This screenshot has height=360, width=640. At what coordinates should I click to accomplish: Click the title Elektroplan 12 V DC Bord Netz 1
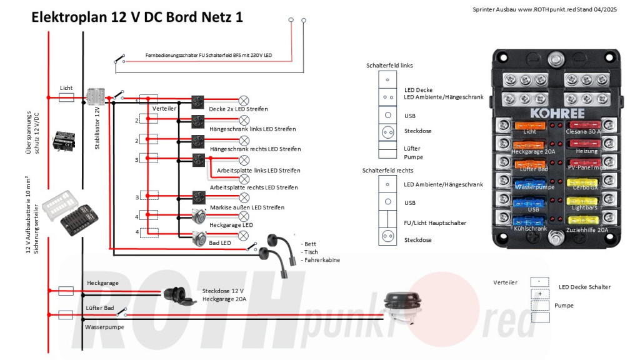point(137,17)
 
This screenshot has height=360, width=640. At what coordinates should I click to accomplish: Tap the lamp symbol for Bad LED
point(244,235)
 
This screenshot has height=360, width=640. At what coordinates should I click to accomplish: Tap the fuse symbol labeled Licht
point(66,97)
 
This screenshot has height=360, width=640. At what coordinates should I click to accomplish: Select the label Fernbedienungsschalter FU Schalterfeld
point(209,56)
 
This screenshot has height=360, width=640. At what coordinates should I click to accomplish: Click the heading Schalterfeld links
point(389,65)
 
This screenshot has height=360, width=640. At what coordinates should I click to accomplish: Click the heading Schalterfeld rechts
point(387,170)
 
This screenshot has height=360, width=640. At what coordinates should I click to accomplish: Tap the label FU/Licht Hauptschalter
point(436,222)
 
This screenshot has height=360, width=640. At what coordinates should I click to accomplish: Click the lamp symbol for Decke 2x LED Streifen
point(244,101)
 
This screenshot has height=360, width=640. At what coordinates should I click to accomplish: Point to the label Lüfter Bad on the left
point(99,308)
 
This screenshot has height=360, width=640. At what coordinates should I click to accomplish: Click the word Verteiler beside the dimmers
point(164,108)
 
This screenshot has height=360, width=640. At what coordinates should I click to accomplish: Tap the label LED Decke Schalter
point(584,287)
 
